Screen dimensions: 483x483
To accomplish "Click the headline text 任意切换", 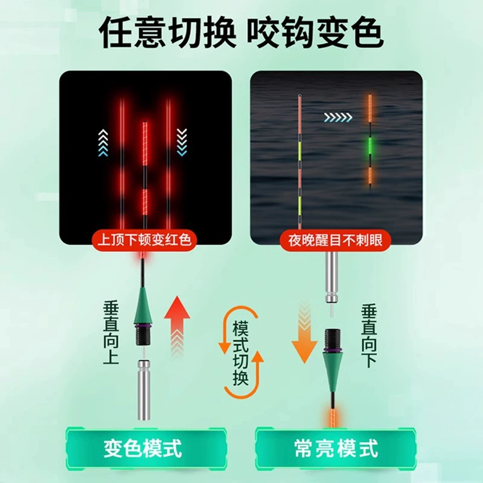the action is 167,32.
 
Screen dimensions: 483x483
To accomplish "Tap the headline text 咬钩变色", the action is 315,32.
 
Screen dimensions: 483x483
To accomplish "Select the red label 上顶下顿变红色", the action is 144,240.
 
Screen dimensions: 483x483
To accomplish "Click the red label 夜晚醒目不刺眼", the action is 336,240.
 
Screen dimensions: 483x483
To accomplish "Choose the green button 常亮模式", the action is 336,448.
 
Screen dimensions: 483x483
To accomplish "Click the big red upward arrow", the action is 177,327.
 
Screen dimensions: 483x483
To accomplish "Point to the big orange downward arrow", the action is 304,333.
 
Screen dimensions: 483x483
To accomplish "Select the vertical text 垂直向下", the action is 369,336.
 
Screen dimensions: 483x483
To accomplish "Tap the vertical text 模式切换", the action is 240,353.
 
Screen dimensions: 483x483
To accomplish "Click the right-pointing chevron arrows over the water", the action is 338,117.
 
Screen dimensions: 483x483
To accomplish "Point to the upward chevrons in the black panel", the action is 103,142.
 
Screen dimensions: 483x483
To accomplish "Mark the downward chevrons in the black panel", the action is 182,142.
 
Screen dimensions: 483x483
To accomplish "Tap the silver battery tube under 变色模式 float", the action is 144,390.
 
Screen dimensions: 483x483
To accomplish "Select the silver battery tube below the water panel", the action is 331,277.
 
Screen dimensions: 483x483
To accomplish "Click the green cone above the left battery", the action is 143,305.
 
